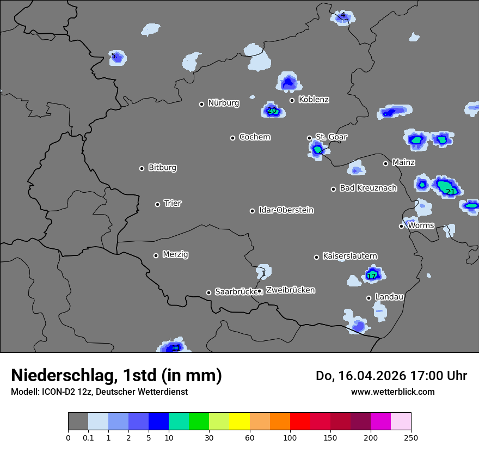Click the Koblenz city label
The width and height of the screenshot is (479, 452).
tap(314, 100)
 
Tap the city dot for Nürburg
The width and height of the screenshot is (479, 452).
tap(201, 104)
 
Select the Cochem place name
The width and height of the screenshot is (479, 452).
tap(254, 137)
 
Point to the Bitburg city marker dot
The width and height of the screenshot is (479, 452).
tap(142, 168)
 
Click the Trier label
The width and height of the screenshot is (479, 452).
tap(173, 203)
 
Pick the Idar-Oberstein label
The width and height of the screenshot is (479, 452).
tap(286, 210)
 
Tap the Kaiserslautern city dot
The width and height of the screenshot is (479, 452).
tap(316, 257)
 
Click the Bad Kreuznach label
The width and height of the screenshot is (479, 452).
tap(368, 188)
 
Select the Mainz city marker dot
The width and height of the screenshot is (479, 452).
tap(385, 163)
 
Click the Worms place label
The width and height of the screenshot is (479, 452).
tap(421, 225)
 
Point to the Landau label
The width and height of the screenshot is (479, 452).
tap(389, 297)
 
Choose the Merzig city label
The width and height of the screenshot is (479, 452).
tap(175, 254)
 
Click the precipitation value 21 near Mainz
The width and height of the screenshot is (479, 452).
tap(451, 192)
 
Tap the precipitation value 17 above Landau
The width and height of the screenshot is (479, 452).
tap(372, 276)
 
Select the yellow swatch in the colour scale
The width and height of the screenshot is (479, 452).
tap(239, 422)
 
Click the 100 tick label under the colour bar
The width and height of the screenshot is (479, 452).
tap(290, 437)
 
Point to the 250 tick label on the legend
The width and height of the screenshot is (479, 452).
tap(410, 437)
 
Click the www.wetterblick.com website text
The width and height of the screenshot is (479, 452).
tap(392, 392)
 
